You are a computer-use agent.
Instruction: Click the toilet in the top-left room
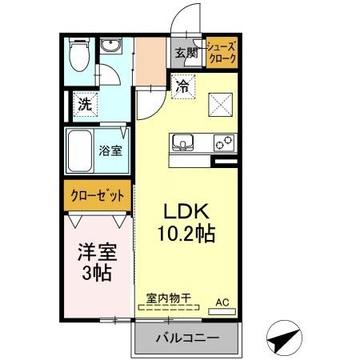[x=78, y=57]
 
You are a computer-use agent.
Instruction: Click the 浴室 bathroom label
[x=110, y=150]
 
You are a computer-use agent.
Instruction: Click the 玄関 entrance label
[x=185, y=54]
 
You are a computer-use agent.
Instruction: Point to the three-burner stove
[x=223, y=144]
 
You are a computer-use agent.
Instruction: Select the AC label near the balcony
[x=223, y=303]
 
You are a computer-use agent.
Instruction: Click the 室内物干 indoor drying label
[x=168, y=298]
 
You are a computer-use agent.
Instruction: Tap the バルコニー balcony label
[x=186, y=338]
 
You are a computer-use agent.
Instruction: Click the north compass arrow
[x=285, y=340]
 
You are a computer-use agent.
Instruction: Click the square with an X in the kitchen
[x=221, y=104]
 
